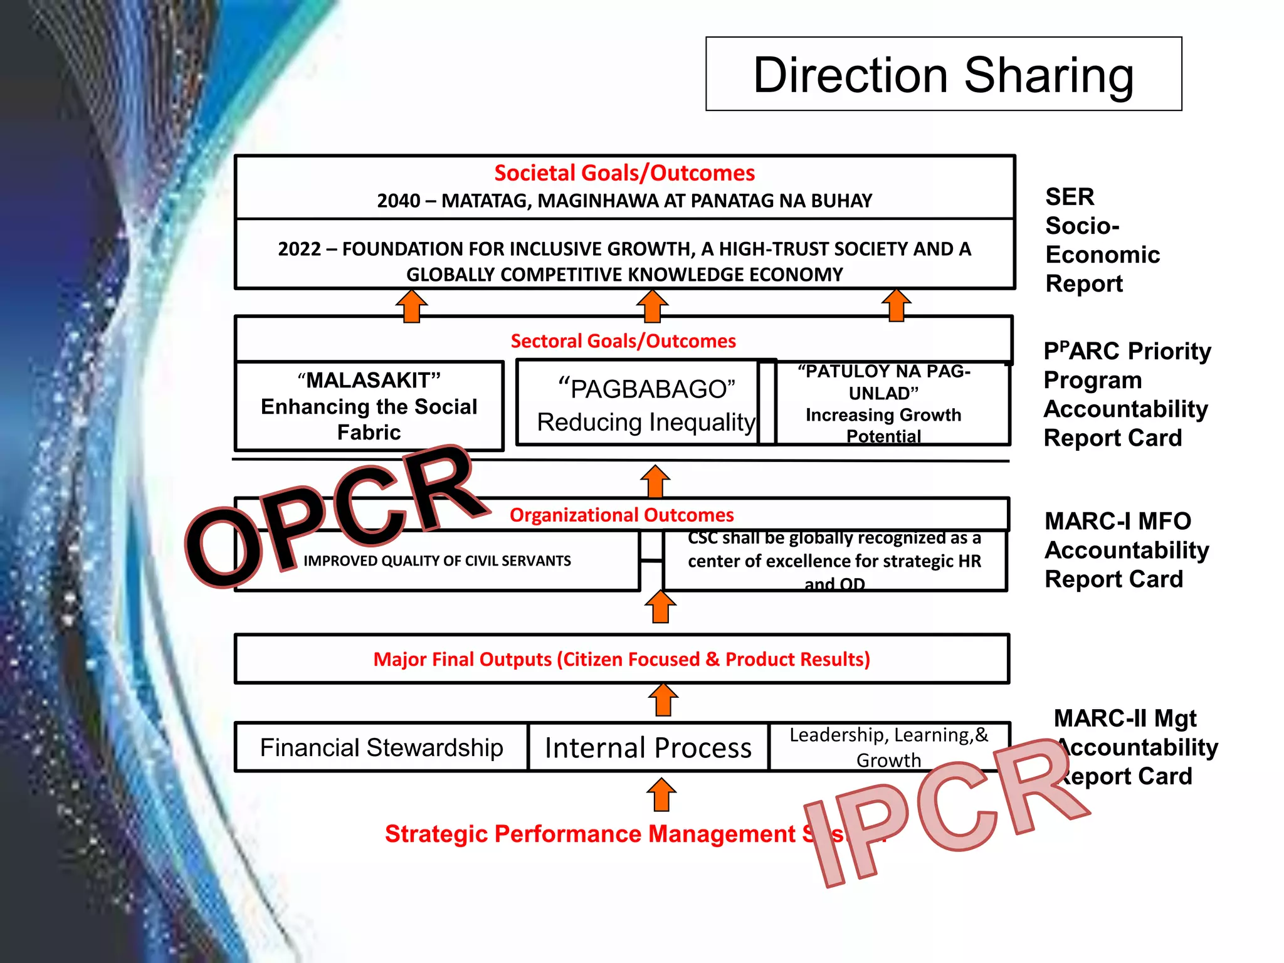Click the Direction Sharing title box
click(x=943, y=74)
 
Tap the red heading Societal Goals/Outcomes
click(x=624, y=173)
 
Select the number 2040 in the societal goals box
click(x=398, y=201)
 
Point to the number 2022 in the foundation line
click(x=299, y=249)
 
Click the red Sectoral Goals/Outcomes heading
click(x=623, y=341)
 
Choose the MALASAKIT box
click(x=369, y=406)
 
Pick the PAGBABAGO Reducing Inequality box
click(x=646, y=404)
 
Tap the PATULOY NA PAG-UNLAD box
click(x=884, y=403)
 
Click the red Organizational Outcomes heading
click(x=621, y=515)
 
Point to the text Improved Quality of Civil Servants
click(x=437, y=561)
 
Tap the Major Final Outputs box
click(x=621, y=659)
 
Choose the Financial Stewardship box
click(x=381, y=747)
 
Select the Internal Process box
click(x=648, y=747)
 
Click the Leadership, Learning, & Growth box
click(x=888, y=747)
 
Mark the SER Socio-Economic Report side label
click(x=1102, y=240)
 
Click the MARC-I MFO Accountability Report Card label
click(x=1125, y=550)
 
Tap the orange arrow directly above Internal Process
click(x=663, y=700)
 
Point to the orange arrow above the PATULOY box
click(x=897, y=305)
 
